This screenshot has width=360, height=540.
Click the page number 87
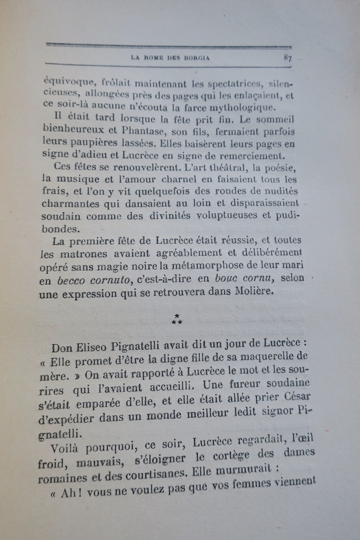[x=287, y=58]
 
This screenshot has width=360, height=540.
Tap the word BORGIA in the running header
[x=197, y=57]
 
